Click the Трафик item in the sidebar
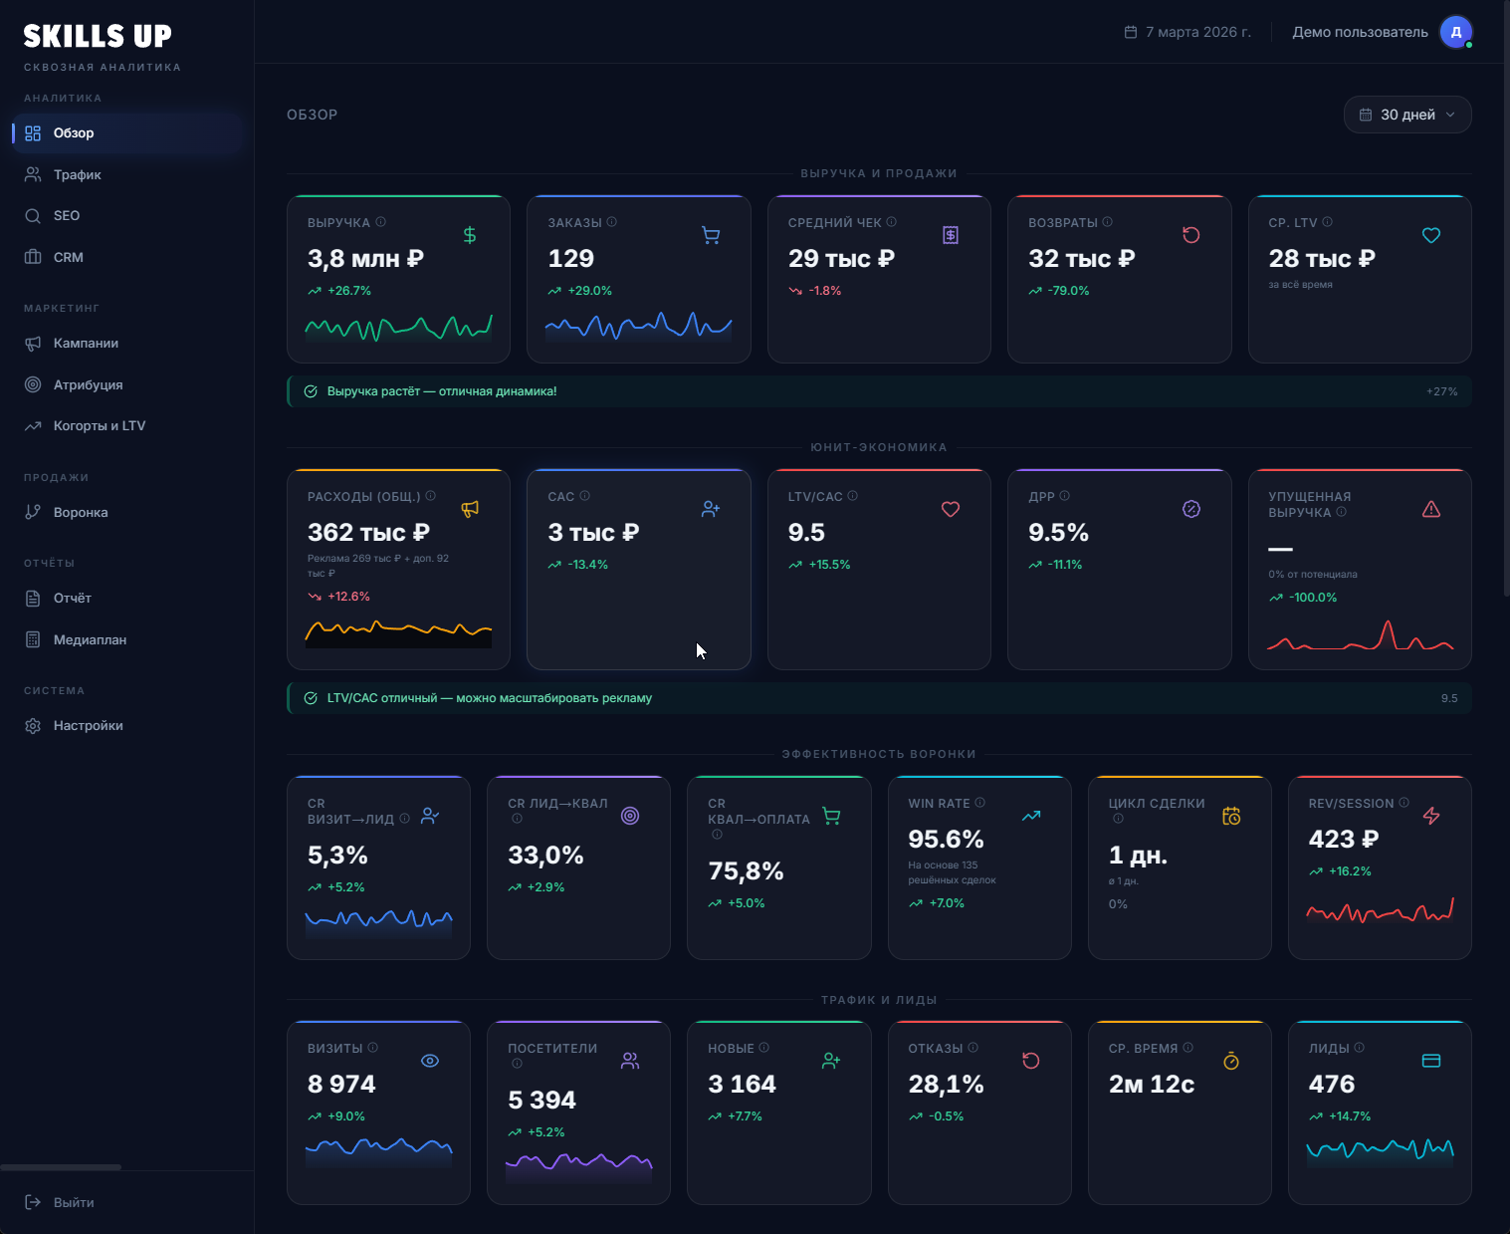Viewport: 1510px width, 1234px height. point(77,174)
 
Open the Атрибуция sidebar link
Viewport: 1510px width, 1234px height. point(88,384)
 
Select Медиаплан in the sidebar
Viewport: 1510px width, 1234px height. point(90,639)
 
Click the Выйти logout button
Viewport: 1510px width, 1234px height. point(73,1202)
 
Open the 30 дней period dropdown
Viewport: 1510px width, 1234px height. point(1406,115)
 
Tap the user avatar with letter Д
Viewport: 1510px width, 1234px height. point(1455,32)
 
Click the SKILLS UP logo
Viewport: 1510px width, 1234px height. point(98,37)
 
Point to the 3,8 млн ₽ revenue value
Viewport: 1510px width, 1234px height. point(365,259)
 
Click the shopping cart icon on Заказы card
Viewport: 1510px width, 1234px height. point(711,236)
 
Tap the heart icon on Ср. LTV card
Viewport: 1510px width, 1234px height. point(1430,236)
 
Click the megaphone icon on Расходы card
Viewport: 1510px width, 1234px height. point(470,509)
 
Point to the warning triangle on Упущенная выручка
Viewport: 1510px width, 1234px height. point(1430,510)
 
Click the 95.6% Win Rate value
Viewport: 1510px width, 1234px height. point(945,840)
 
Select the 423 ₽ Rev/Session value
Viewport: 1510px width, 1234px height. point(1343,840)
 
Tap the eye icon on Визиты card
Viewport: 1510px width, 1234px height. point(430,1061)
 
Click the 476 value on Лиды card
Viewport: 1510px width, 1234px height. point(1331,1085)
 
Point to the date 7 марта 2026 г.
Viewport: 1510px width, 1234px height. point(1197,32)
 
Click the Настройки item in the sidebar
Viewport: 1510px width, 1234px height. point(88,725)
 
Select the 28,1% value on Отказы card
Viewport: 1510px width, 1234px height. point(945,1085)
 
